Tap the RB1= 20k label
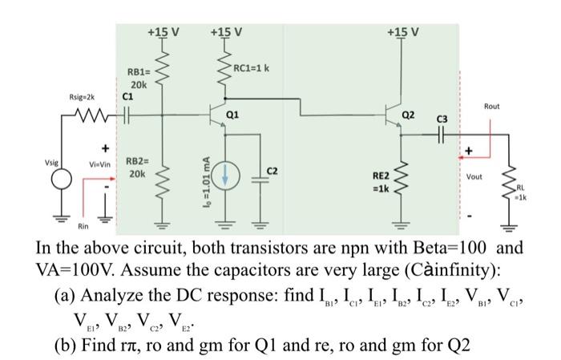coord(139,78)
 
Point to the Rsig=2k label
coord(83,100)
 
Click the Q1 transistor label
coord(232,114)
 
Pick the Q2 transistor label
coord(409,114)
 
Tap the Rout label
coord(491,105)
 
